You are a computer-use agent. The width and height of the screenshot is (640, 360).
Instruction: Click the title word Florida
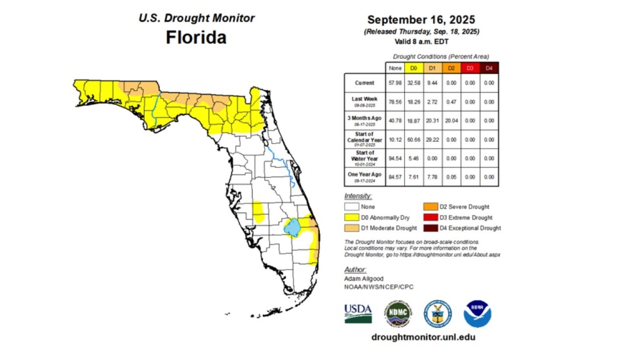click(x=196, y=37)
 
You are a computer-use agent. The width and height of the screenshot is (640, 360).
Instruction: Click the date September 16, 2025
click(x=421, y=20)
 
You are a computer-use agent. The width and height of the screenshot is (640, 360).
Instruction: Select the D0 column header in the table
click(x=414, y=68)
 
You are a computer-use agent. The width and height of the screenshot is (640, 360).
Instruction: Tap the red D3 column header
click(x=470, y=68)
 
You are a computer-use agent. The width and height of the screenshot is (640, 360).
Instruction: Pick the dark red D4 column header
click(x=489, y=68)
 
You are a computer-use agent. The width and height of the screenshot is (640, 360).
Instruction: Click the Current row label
click(x=364, y=83)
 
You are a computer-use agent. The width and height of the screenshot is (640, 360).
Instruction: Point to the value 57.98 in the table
click(x=395, y=83)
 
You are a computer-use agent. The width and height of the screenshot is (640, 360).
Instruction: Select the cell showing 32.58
click(x=414, y=83)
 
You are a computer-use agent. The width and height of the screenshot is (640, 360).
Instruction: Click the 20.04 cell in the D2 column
click(x=451, y=121)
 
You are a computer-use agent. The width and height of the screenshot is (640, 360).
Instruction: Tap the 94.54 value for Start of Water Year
click(x=395, y=158)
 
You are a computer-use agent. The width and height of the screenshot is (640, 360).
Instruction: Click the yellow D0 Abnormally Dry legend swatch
click(x=351, y=217)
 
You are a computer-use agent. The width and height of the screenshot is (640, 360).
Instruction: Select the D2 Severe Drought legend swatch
click(x=430, y=207)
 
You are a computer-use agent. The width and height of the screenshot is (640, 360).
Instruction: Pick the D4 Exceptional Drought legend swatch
click(x=430, y=228)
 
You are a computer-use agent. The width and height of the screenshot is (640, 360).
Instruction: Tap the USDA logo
click(x=358, y=313)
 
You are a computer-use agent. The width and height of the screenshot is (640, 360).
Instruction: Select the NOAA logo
click(x=477, y=314)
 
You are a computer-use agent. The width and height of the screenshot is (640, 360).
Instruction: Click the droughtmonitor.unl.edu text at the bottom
click(x=423, y=337)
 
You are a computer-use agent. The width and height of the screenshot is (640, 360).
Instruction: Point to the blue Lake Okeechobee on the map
click(x=292, y=227)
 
